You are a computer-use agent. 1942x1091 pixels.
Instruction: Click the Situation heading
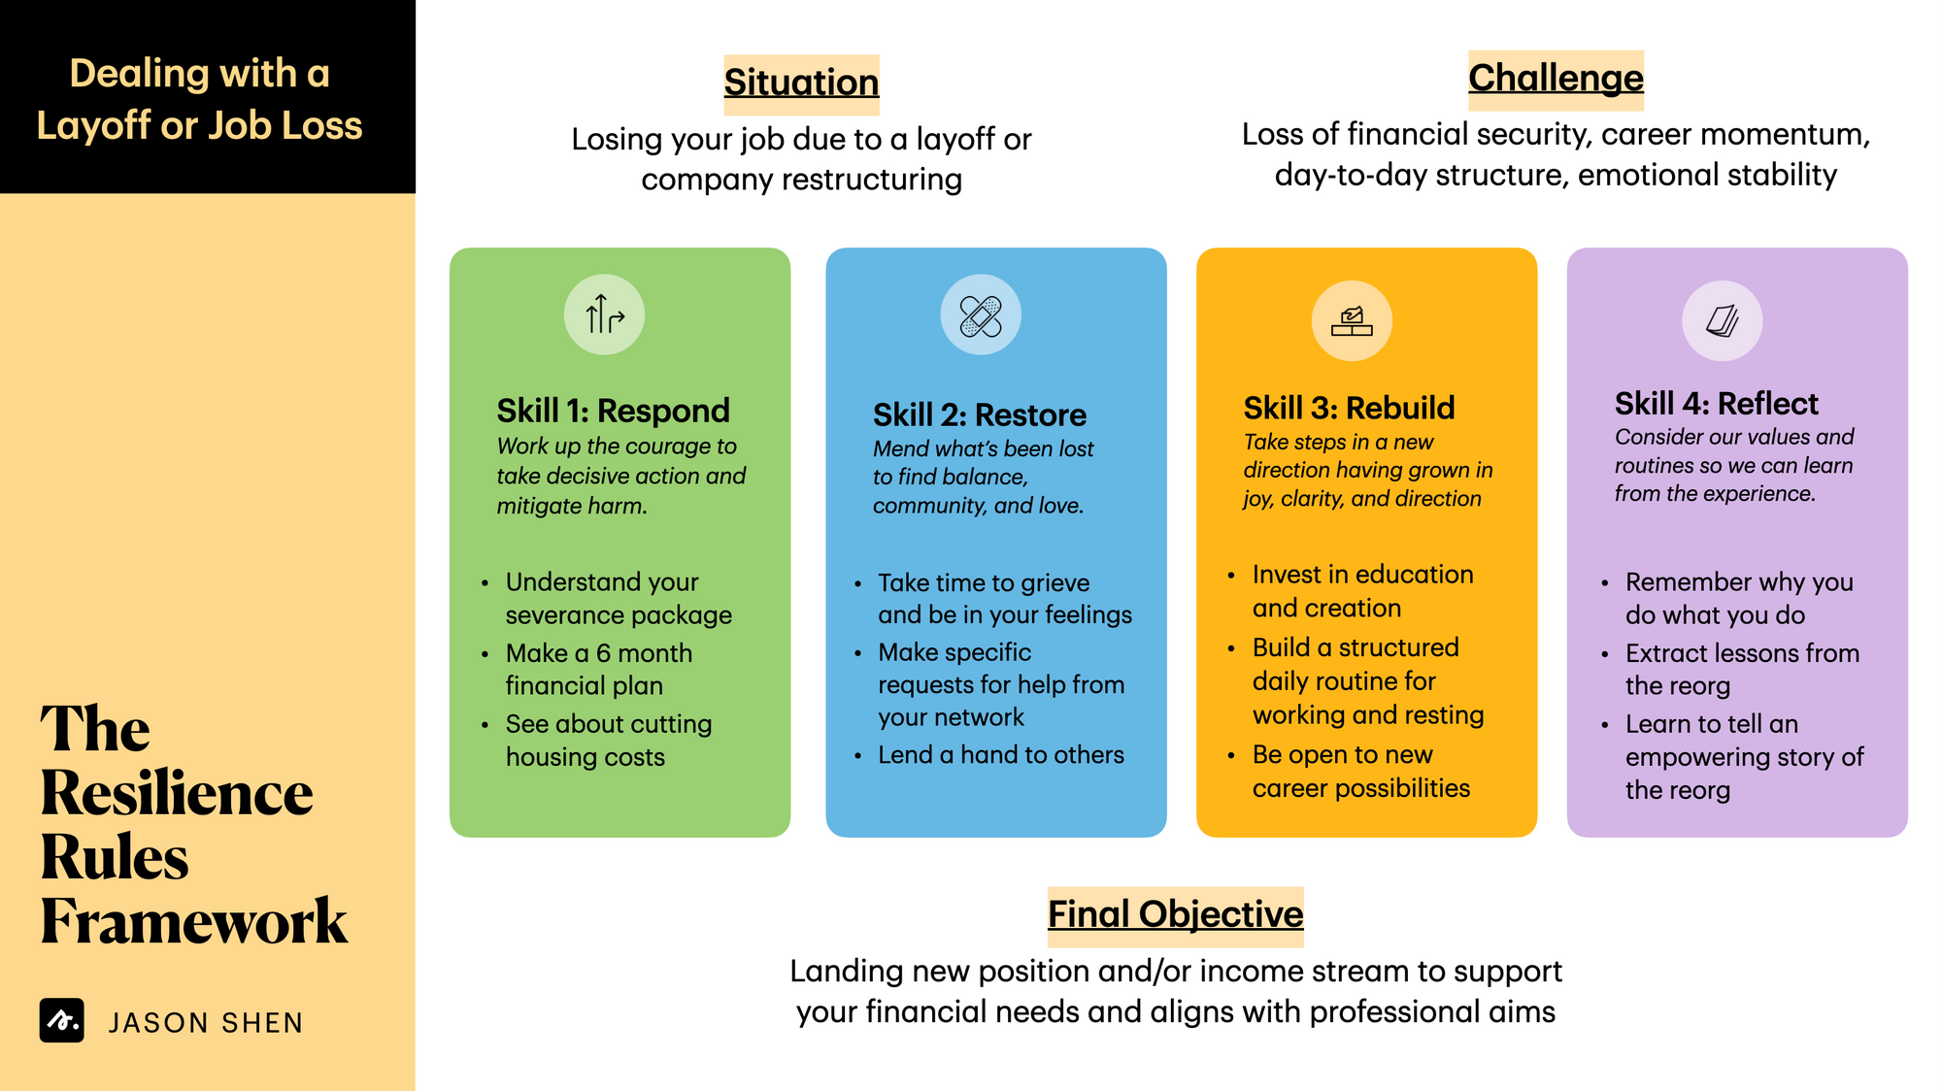tap(801, 83)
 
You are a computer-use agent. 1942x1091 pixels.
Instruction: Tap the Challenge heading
tap(1556, 78)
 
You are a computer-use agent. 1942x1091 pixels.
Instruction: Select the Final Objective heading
tap(1175, 914)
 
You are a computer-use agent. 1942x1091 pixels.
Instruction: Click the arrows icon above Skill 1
tap(604, 314)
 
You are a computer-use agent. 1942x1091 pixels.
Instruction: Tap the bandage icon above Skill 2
tap(981, 314)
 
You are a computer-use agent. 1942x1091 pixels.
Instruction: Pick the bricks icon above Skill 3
tap(1352, 320)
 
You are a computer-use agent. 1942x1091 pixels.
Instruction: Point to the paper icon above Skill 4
tap(1723, 320)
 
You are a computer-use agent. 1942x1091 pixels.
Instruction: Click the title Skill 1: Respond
tap(613, 411)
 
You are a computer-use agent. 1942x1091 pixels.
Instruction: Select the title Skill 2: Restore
tap(980, 414)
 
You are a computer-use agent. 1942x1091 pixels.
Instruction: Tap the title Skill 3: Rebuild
tap(1350, 408)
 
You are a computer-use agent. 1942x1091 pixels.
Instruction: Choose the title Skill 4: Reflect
tap(1717, 403)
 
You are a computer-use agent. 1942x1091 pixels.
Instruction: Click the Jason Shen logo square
tap(62, 1020)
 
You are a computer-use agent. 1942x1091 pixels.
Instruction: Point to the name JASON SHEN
tap(206, 1023)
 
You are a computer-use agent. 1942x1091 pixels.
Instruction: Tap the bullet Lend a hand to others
tap(1001, 755)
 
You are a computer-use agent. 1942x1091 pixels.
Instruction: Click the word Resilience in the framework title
tap(177, 793)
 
